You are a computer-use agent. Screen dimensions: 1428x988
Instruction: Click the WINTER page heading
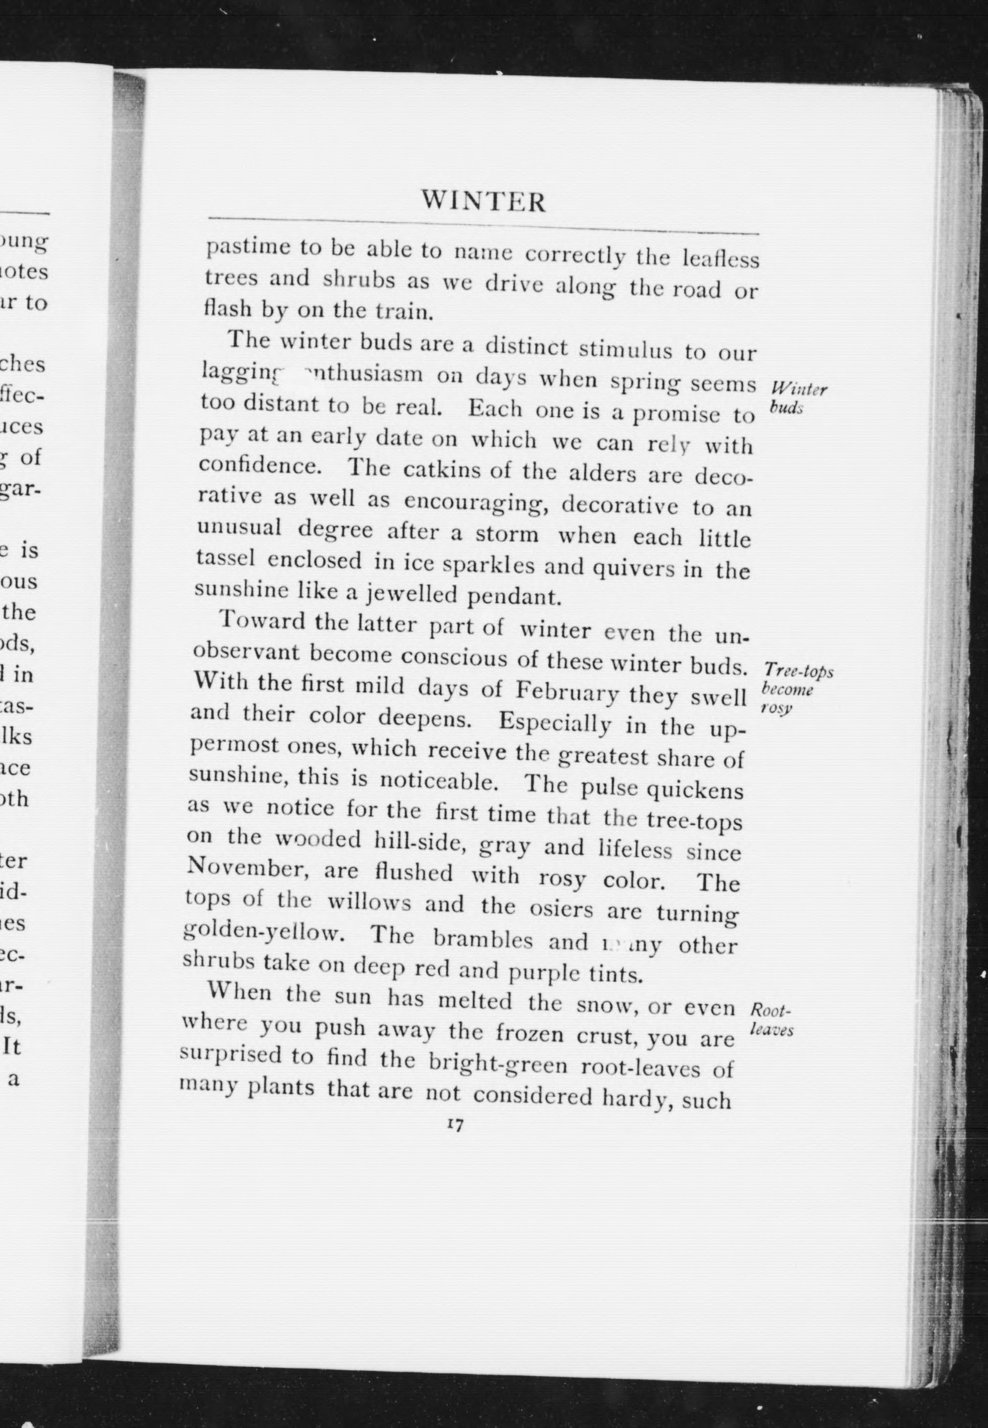[484, 202]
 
